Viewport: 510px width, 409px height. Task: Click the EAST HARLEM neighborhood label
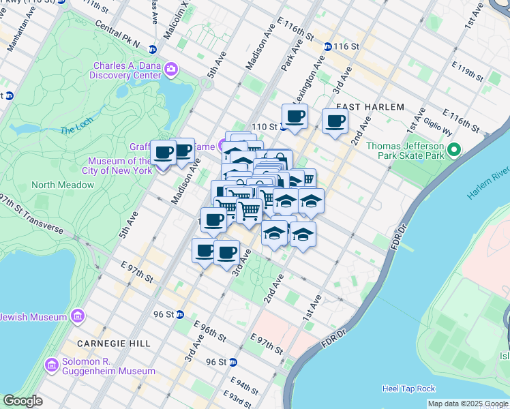pos(370,107)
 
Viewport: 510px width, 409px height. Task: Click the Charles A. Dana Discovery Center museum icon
pos(170,69)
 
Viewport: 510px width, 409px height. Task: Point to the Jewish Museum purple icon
pos(77,317)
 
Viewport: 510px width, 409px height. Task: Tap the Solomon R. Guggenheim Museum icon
pos(51,365)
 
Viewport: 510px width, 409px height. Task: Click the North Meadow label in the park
pos(63,185)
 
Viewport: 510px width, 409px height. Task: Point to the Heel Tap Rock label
pos(408,389)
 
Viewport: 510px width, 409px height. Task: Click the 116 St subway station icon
pos(327,46)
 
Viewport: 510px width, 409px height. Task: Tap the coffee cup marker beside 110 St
pos(295,117)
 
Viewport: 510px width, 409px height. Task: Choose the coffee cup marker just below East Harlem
pos(334,122)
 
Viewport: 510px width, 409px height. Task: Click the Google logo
pos(22,401)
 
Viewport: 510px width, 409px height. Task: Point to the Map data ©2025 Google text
pos(468,404)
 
